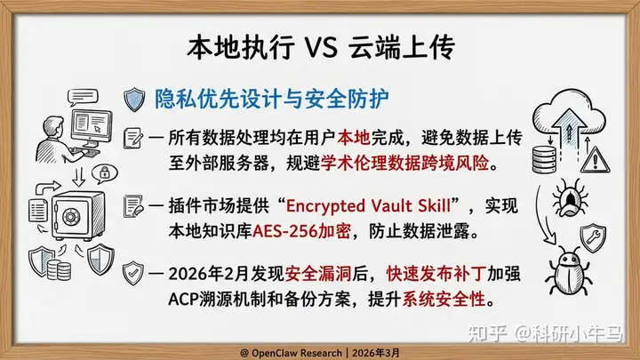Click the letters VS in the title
[x=321, y=47]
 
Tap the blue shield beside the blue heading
[x=134, y=100]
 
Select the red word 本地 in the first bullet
[x=354, y=138]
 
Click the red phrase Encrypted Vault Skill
[x=368, y=205]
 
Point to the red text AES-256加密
[x=301, y=231]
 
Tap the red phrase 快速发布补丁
[x=436, y=274]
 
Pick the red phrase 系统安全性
[x=444, y=300]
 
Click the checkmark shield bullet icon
[x=133, y=273]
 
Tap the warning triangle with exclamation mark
[x=595, y=159]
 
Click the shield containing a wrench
[x=593, y=237]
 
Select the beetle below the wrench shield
[x=568, y=270]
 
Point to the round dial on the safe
[x=71, y=216]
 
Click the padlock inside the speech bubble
[x=105, y=172]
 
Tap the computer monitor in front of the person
[x=92, y=127]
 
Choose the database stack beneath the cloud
[x=544, y=159]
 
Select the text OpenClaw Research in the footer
[x=297, y=353]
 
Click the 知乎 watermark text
[x=487, y=333]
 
